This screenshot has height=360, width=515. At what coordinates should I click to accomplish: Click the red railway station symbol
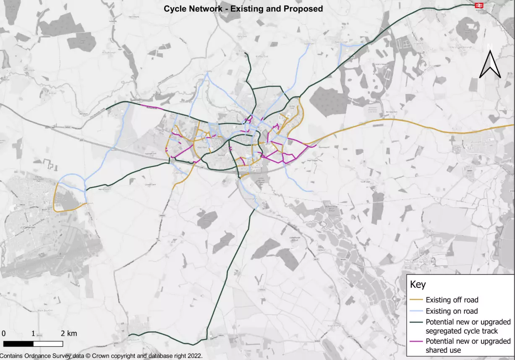pos(478,5)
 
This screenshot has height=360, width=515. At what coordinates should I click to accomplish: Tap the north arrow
pos(490,65)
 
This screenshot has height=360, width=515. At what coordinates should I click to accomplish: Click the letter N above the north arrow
pos(490,46)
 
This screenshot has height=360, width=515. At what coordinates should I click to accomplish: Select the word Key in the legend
pos(418,284)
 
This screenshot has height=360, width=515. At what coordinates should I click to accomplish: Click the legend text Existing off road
pos(452,300)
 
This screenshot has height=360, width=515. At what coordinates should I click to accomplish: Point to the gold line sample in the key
pos(416,300)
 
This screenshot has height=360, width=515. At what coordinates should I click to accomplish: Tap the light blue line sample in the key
pos(416,311)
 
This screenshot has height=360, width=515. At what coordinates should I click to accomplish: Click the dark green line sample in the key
pos(416,323)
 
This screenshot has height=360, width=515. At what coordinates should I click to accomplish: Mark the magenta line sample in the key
pos(416,341)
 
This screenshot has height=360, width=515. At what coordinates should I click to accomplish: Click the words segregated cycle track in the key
pos(462,331)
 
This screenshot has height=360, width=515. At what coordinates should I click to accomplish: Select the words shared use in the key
pos(443,350)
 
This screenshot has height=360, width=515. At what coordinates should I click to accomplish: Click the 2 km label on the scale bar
pos(69,334)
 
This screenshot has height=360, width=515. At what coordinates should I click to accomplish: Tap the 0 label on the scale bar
pos(3,334)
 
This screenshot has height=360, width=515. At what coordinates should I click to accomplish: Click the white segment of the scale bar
pos(48,344)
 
